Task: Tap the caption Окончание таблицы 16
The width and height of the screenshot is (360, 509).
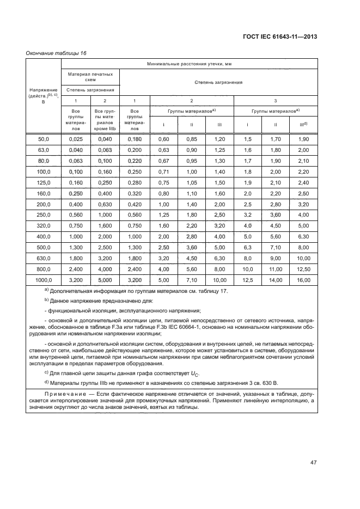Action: tap(56, 53)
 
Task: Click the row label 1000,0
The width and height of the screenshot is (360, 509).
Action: tap(44, 280)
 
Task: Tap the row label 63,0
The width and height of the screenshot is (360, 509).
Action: tap(44, 150)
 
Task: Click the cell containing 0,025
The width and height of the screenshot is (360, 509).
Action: tap(76, 139)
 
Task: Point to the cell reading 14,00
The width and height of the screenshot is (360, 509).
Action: tap(276, 280)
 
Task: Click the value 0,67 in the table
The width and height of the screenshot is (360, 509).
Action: tap(163, 161)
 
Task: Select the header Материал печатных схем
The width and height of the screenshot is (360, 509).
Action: tap(90, 76)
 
